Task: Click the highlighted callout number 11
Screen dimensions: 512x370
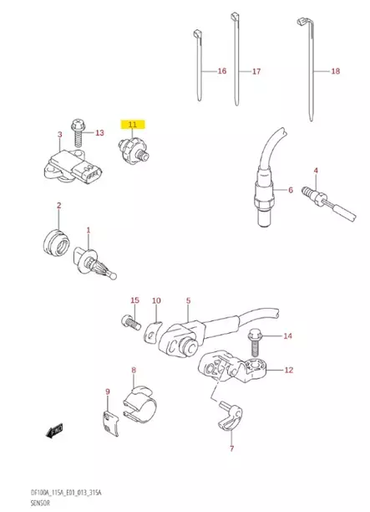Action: (x=132, y=124)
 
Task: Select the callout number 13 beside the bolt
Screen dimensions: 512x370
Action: (x=99, y=133)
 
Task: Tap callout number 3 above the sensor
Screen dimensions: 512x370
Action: (x=59, y=134)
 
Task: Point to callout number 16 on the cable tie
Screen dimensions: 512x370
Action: (x=222, y=72)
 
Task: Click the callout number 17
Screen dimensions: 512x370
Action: (x=256, y=72)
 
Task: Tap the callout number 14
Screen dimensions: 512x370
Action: (x=287, y=336)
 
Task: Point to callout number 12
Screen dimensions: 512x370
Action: (x=288, y=369)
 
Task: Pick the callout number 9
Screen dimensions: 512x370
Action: (x=107, y=392)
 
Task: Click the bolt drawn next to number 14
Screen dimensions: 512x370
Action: (x=254, y=344)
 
